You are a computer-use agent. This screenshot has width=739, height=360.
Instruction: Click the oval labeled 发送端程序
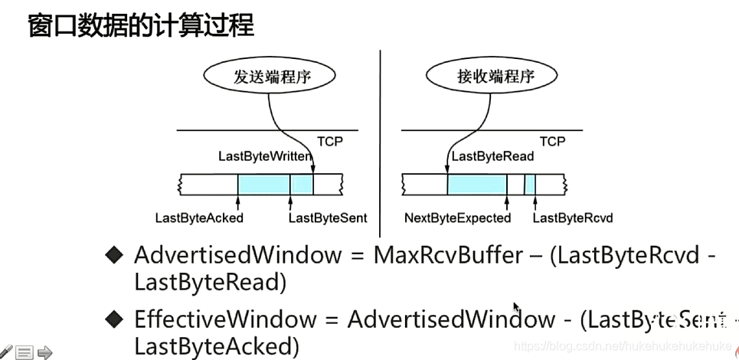click(273, 77)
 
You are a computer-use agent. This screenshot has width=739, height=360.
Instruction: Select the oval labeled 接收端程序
click(474, 77)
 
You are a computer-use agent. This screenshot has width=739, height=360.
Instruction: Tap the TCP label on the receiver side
click(552, 141)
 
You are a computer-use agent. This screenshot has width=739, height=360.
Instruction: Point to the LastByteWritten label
click(264, 156)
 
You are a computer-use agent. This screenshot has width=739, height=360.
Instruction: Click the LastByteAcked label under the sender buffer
click(199, 218)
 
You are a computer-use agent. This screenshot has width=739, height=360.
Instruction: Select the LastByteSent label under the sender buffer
click(328, 218)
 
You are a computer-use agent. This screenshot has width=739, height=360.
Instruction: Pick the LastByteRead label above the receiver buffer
click(492, 156)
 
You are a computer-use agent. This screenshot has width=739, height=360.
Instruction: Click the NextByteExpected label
click(457, 218)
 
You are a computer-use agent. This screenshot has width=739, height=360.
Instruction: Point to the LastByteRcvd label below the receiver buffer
click(572, 218)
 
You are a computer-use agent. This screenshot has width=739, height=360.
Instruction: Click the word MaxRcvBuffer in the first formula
click(447, 255)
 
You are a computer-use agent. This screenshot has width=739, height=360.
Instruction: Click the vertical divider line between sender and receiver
click(381, 138)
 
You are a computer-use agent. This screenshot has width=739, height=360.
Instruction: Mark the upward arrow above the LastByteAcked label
click(238, 201)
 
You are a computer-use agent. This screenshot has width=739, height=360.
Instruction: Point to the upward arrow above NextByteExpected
click(507, 201)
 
